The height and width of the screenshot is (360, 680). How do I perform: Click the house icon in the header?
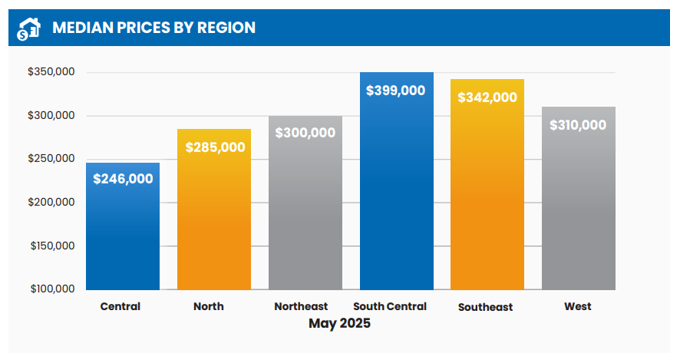(x=28, y=28)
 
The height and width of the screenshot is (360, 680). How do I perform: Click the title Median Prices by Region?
(x=153, y=28)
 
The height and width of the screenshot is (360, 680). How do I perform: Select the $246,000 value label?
(x=123, y=179)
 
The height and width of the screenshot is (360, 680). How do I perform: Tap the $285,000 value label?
(x=214, y=147)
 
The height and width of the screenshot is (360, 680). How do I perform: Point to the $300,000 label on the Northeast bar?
(x=305, y=132)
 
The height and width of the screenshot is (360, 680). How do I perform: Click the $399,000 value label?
(x=396, y=90)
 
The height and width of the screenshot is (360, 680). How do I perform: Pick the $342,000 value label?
(x=487, y=97)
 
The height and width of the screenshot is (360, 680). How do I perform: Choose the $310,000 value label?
(x=578, y=125)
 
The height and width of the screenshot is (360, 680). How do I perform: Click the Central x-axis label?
(x=120, y=306)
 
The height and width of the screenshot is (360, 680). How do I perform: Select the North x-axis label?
(x=209, y=306)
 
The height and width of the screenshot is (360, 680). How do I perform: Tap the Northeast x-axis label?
(x=301, y=306)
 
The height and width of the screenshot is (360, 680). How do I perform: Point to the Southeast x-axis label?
(x=485, y=307)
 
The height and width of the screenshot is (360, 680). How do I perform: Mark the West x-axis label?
(x=578, y=306)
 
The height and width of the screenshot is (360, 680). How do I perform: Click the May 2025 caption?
(x=339, y=323)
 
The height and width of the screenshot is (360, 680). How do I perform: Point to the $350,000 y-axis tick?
(x=51, y=72)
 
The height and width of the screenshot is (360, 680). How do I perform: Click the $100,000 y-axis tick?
(x=51, y=289)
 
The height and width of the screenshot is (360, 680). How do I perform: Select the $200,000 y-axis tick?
(x=51, y=203)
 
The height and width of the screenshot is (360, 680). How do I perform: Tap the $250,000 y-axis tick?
(x=51, y=159)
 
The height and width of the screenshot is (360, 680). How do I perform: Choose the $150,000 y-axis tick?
(x=51, y=246)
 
